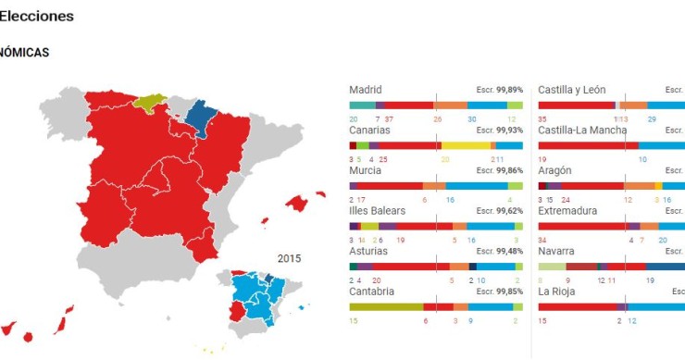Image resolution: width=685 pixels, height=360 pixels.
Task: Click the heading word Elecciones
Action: pos(37,17)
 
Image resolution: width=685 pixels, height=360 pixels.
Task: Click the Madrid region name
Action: pos(366,90)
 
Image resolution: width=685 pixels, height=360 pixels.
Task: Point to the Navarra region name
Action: pos(556,251)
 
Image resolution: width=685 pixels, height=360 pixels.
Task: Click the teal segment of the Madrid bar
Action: pos(362,106)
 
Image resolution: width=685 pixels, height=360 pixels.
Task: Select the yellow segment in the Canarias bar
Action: pos(466,145)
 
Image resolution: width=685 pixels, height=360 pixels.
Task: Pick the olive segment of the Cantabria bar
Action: pos(386,306)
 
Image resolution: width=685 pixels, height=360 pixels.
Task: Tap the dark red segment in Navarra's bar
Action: pos(581,267)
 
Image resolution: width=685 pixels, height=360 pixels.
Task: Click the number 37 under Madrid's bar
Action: pos(390,119)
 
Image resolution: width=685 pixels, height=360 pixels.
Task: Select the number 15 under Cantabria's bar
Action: pos(354,320)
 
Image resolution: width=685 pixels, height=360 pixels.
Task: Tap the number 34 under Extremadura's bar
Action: pos(542,240)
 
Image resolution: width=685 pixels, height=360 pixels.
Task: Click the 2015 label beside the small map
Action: pos(290,258)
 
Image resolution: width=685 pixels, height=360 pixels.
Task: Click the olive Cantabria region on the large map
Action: pos(151,99)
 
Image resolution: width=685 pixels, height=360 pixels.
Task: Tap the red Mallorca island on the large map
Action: pos(297,203)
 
